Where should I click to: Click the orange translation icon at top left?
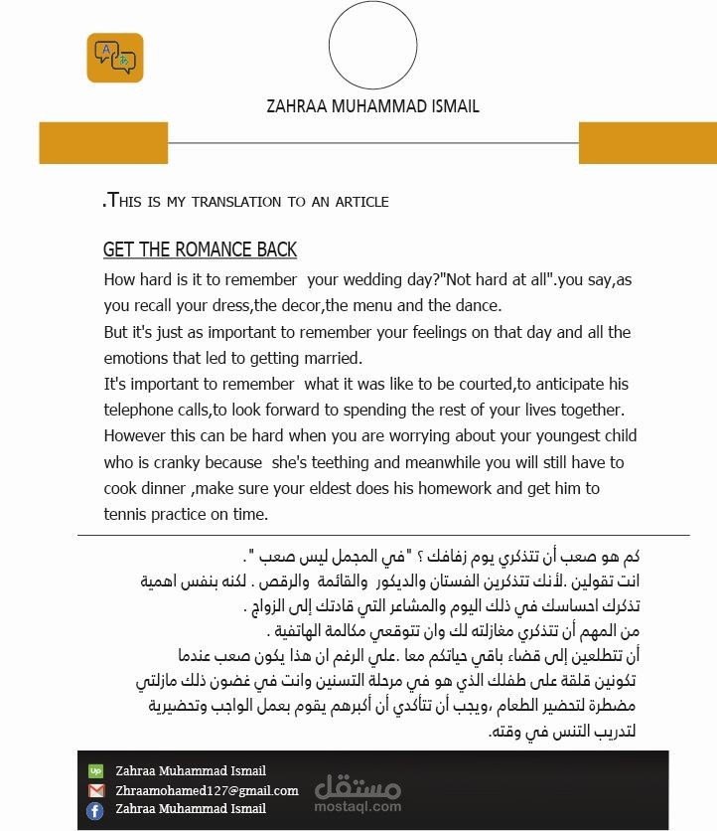click(x=115, y=58)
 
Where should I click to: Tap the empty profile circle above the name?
click(x=372, y=46)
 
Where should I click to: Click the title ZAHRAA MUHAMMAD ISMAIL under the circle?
click(x=372, y=106)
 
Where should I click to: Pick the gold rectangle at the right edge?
click(x=646, y=143)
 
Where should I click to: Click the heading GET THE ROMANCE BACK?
click(x=200, y=249)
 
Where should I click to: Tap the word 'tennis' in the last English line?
click(x=125, y=514)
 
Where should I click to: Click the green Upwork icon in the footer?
click(x=95, y=770)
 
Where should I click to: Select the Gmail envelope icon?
click(x=95, y=790)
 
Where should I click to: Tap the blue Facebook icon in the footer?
click(x=95, y=810)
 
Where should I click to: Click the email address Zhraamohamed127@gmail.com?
click(x=207, y=790)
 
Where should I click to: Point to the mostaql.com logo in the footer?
click(x=358, y=792)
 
